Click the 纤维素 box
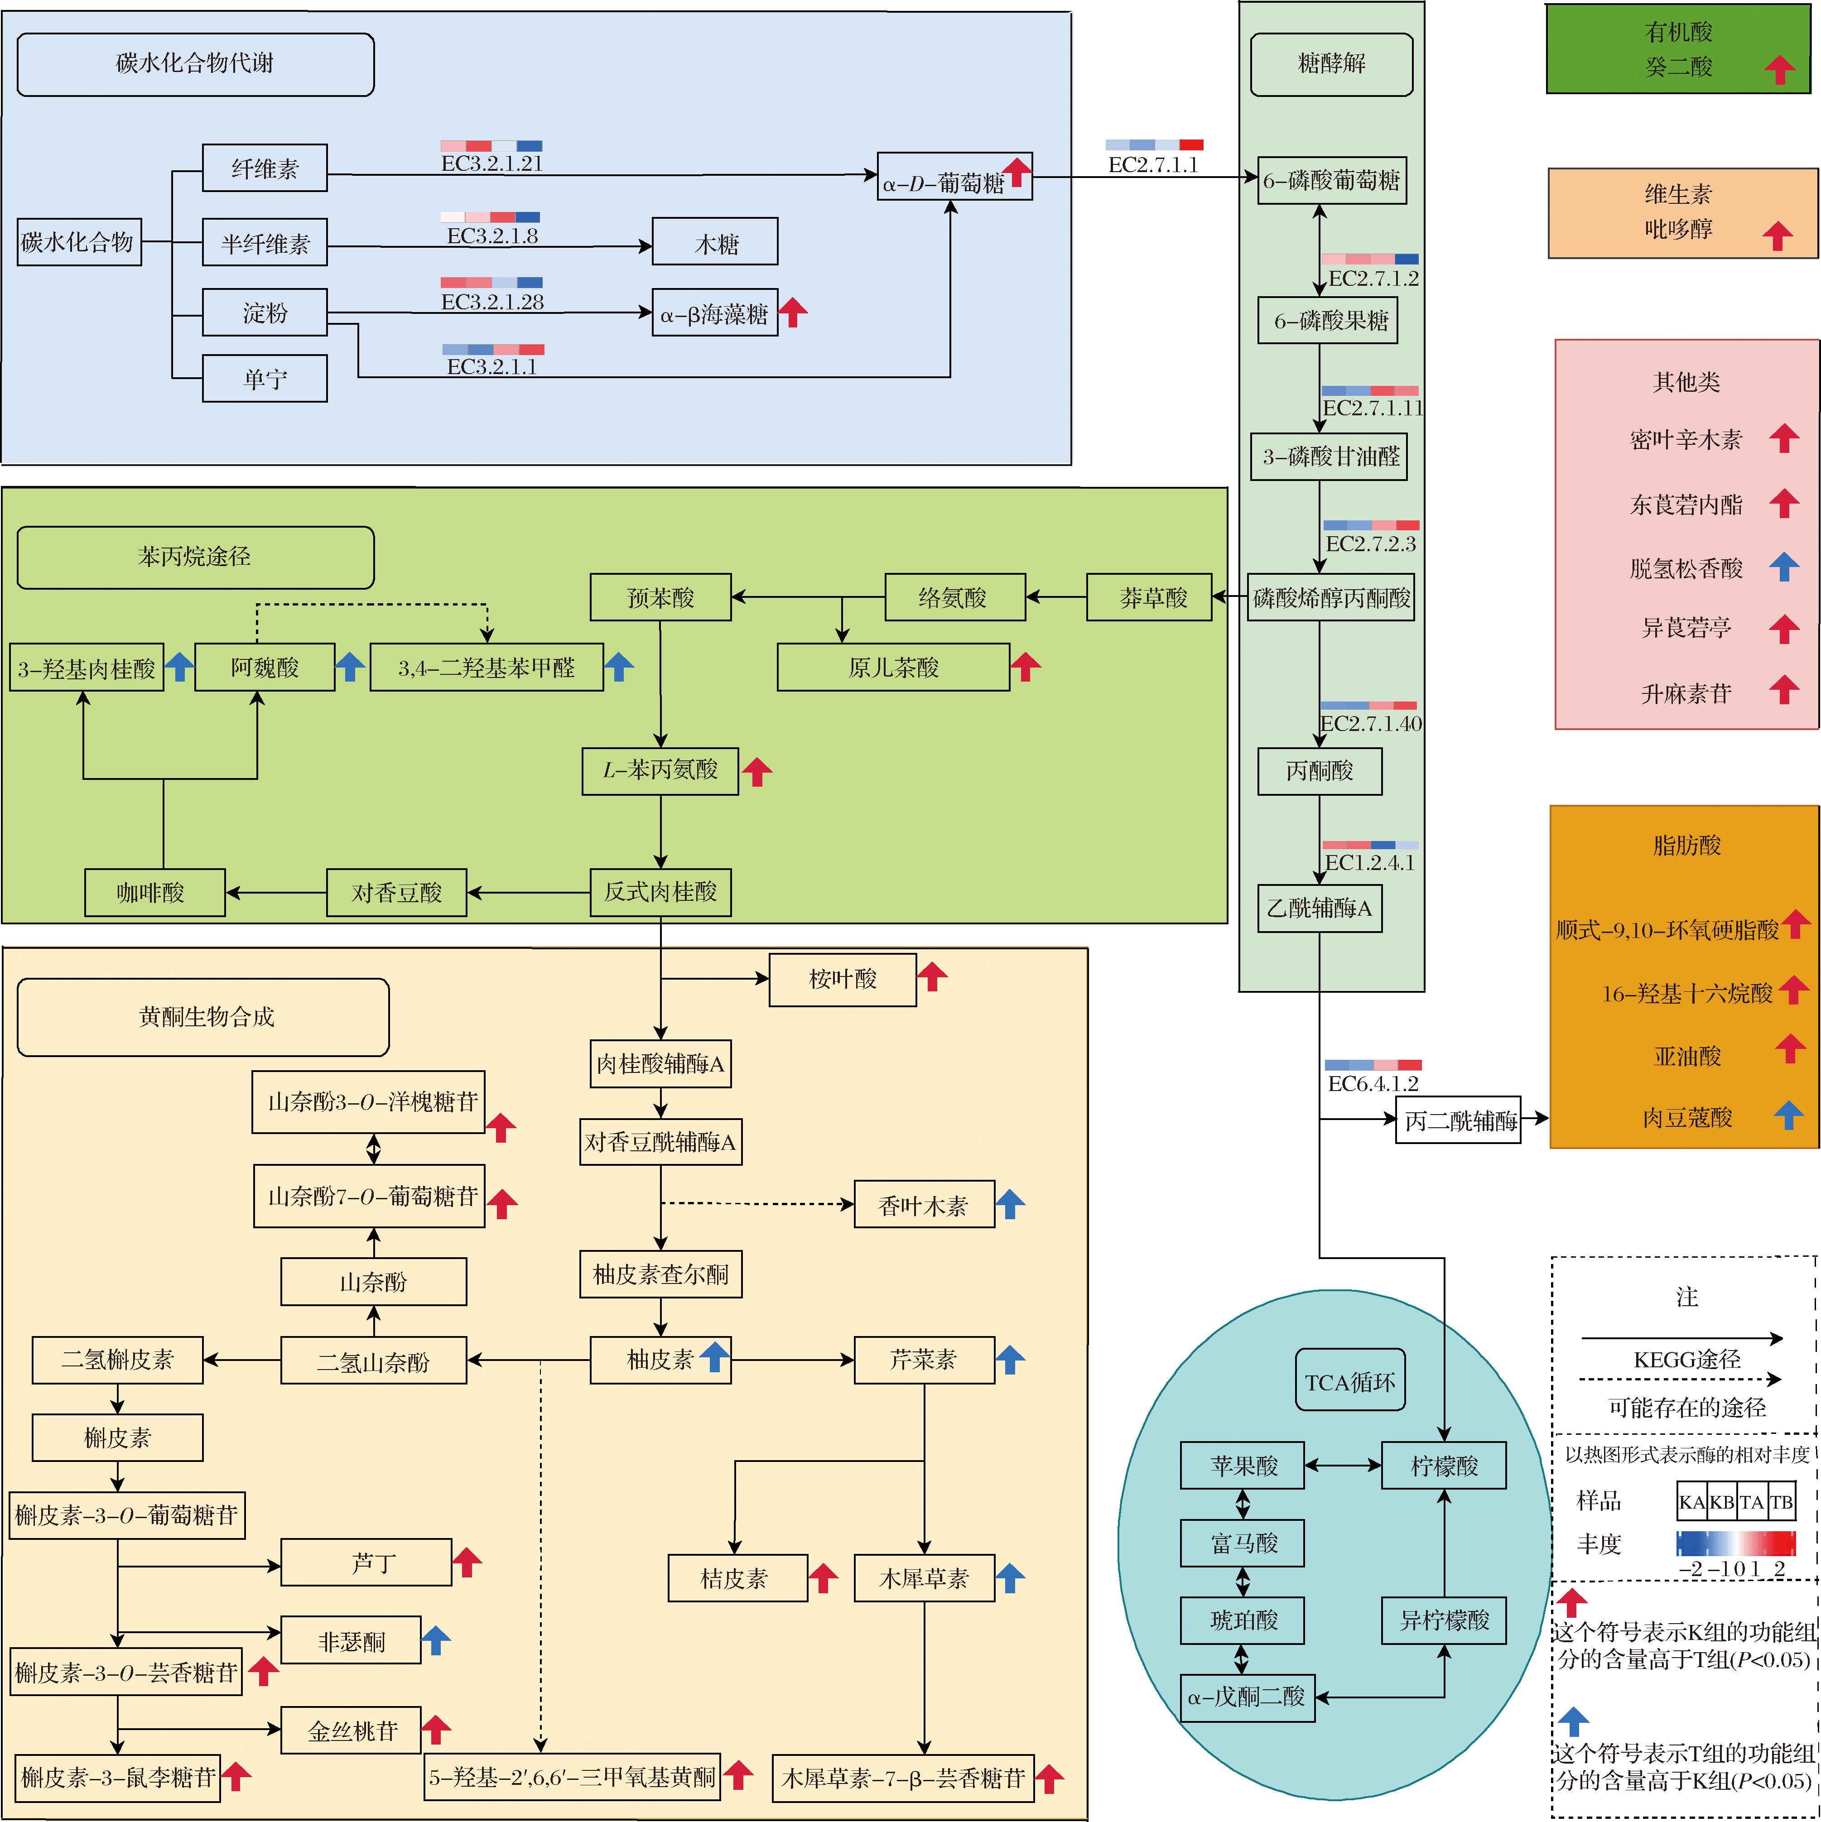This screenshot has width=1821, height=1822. click(x=265, y=169)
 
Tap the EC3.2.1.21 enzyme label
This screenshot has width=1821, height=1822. click(x=492, y=163)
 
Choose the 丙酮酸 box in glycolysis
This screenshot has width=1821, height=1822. click(x=1319, y=771)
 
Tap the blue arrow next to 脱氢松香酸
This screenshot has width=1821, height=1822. click(x=1783, y=567)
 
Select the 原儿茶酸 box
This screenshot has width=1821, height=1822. click(x=893, y=668)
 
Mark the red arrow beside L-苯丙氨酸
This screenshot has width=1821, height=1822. click(x=756, y=771)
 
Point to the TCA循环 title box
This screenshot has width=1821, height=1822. click(x=1349, y=1382)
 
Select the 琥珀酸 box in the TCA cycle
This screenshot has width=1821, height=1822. click(x=1243, y=1620)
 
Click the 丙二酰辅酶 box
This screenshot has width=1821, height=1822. click(x=1458, y=1120)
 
